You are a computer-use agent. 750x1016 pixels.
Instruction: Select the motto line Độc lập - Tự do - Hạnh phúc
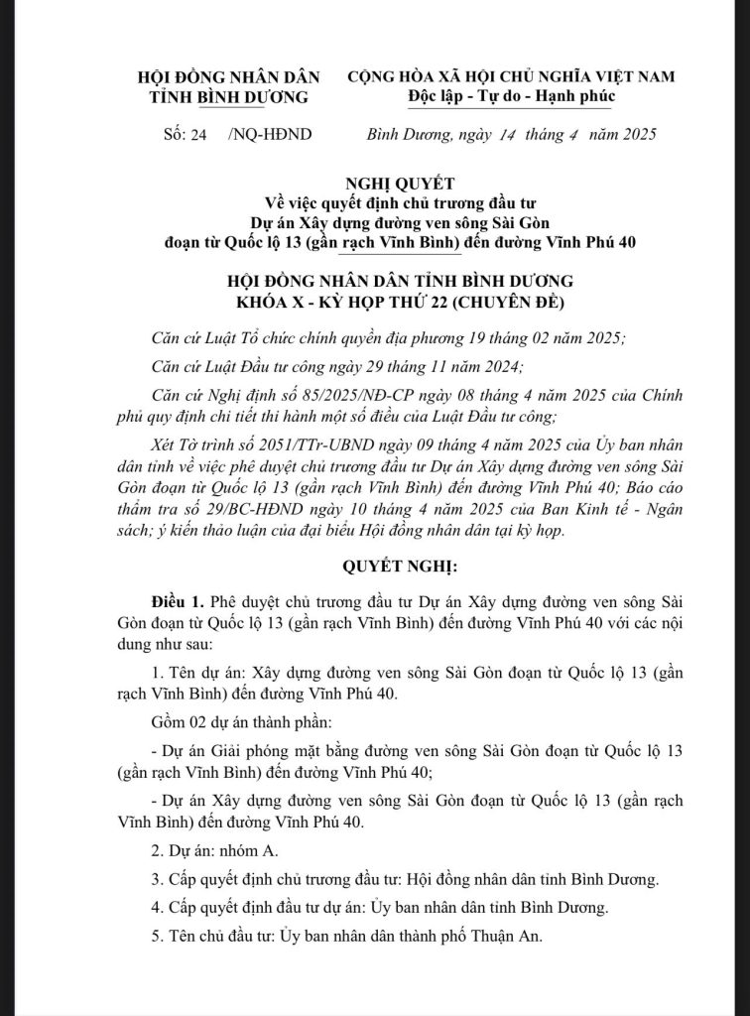[x=511, y=95]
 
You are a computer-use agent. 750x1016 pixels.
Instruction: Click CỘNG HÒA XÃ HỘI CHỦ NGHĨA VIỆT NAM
[x=512, y=76]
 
